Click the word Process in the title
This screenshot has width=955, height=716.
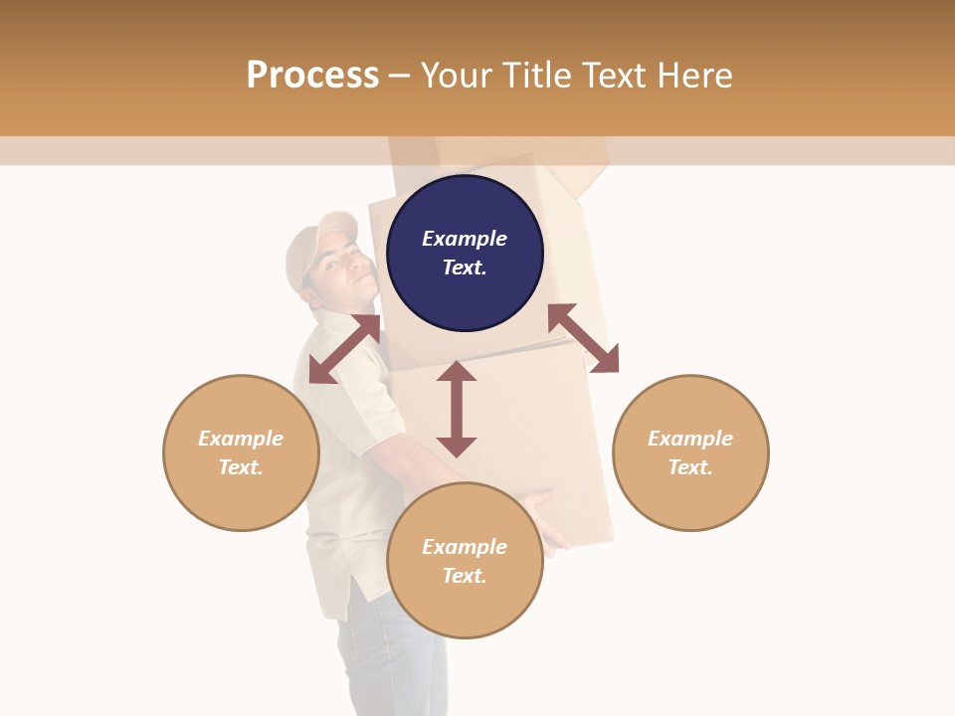312,76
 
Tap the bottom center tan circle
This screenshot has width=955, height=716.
465,607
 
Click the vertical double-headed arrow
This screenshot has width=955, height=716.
457,409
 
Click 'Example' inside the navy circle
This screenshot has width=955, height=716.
465,239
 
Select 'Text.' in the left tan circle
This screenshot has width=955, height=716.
241,467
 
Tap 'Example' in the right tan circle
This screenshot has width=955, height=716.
690,439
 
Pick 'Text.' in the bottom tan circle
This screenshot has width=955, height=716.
465,576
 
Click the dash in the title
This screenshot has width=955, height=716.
400,76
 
